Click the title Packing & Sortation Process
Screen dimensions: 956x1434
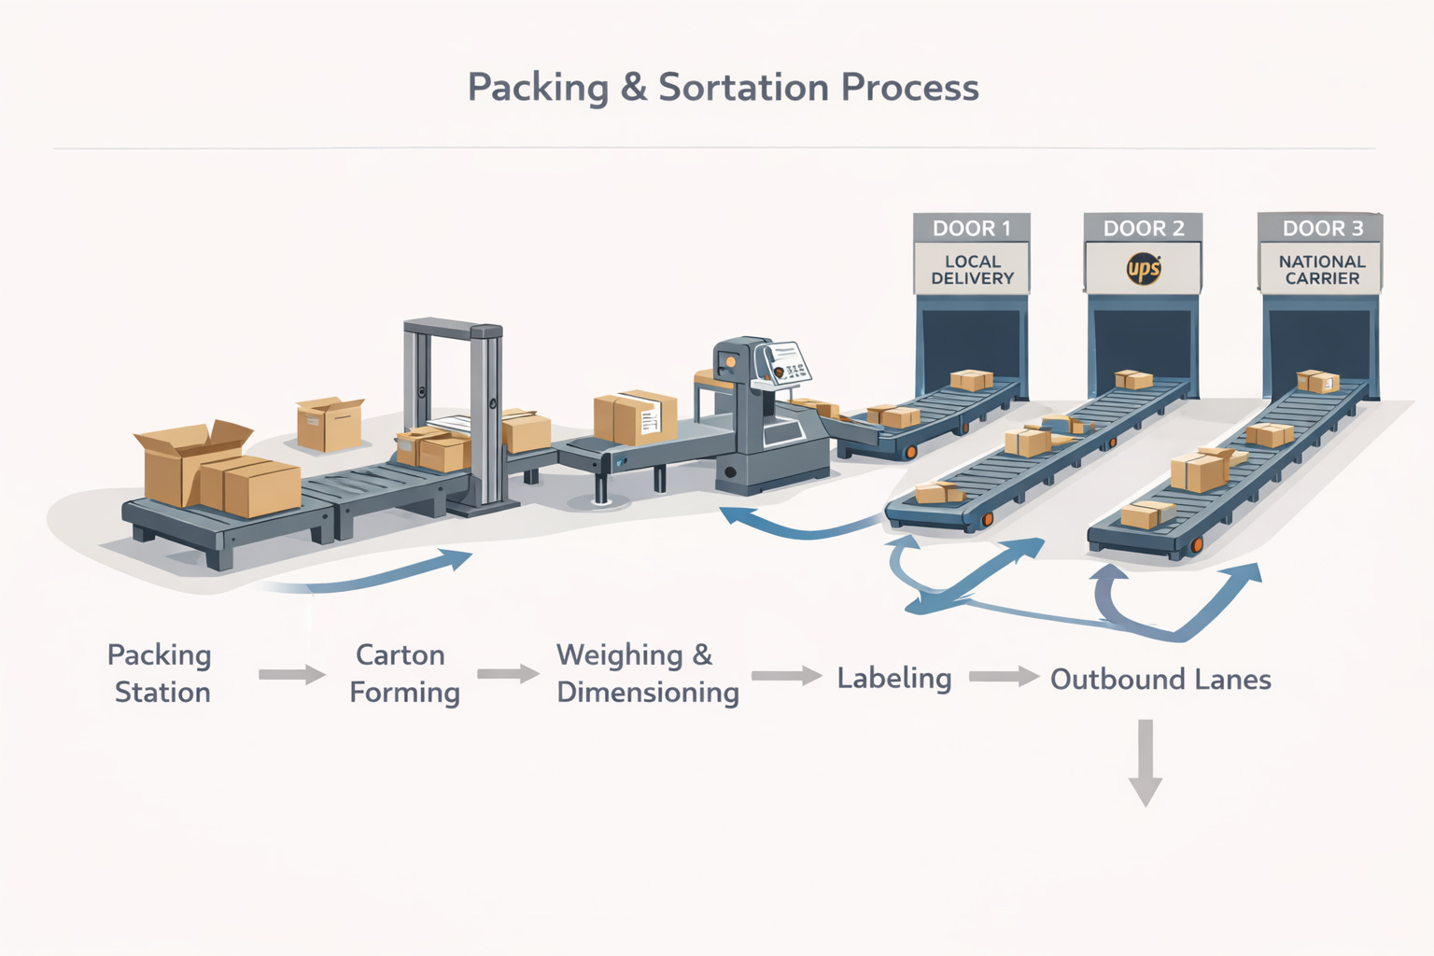(x=723, y=88)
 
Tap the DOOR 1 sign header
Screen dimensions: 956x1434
(x=971, y=229)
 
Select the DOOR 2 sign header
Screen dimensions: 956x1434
(x=1143, y=229)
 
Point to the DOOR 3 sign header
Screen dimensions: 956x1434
(x=1322, y=229)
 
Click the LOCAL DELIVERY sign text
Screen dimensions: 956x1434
(x=972, y=270)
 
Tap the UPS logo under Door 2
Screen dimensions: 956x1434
(x=1144, y=270)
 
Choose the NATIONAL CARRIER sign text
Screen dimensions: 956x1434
(x=1322, y=270)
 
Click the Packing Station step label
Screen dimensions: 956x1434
(x=161, y=673)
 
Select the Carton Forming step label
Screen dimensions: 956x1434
(x=403, y=673)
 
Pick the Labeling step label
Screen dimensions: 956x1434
(x=893, y=678)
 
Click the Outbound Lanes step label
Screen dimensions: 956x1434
(x=1160, y=679)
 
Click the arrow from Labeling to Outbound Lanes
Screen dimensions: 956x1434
(x=1004, y=676)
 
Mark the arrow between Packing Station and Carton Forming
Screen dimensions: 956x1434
(x=291, y=674)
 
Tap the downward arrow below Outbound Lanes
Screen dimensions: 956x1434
(x=1146, y=762)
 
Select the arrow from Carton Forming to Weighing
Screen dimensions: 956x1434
(x=508, y=673)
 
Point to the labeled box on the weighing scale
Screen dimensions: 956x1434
(x=635, y=417)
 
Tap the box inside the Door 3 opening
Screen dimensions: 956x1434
(x=1318, y=381)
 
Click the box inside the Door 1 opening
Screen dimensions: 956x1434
(x=971, y=380)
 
